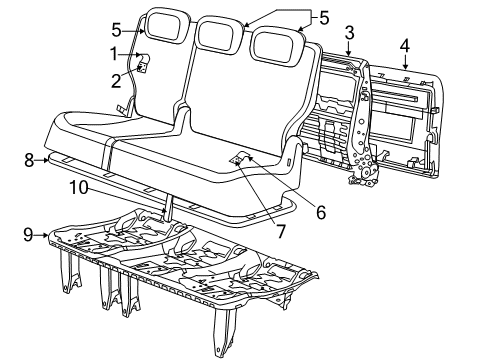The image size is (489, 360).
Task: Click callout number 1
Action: pos(116,53)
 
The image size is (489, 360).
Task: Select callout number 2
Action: pos(116,79)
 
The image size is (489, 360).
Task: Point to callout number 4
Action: pos(404,45)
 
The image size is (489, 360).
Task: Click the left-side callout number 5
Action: pos(116,29)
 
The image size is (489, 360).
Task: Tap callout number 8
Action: pos(29,158)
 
